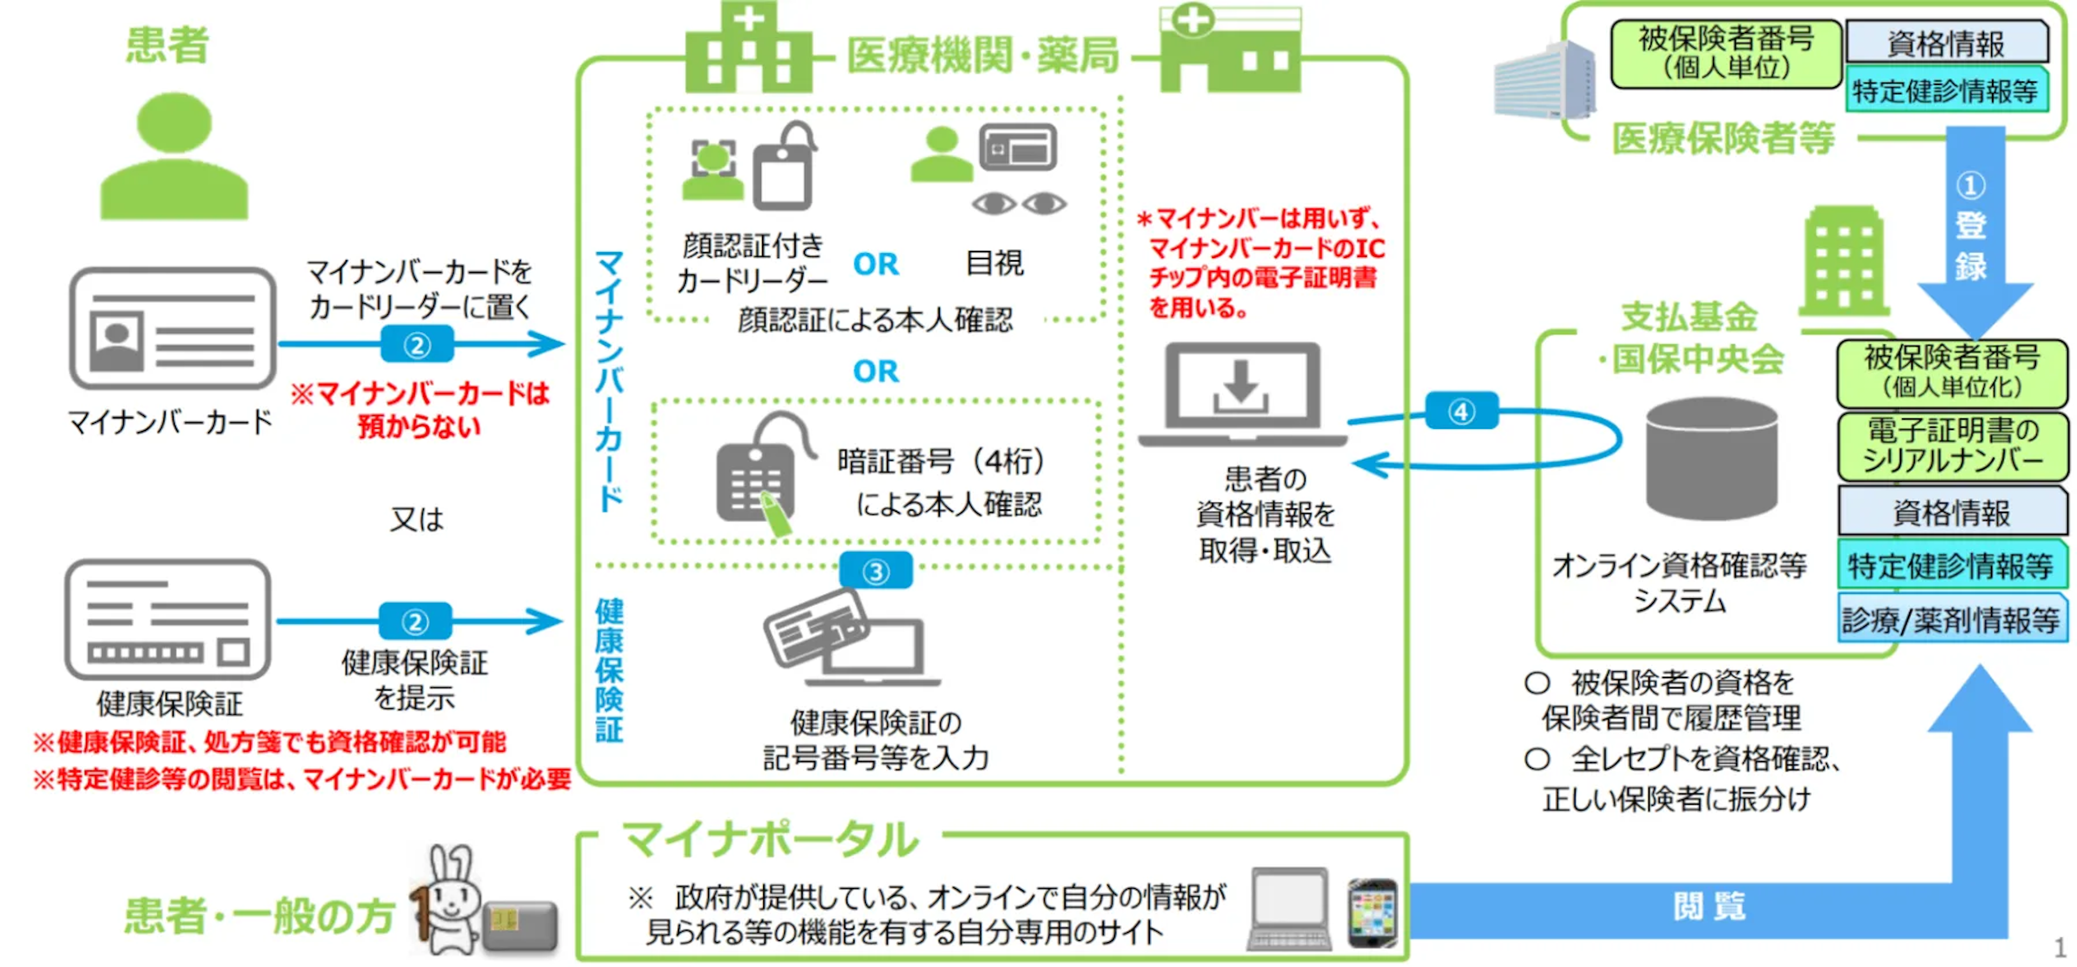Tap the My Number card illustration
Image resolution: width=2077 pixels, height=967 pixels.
173,328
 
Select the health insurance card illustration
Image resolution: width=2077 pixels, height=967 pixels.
168,619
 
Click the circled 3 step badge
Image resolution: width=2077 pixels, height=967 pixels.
876,572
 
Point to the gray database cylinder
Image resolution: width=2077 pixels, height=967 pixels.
1711,459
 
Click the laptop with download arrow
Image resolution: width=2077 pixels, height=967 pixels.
1242,395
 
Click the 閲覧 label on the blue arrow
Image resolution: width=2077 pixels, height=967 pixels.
1709,906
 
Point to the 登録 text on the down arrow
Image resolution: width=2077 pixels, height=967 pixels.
1970,246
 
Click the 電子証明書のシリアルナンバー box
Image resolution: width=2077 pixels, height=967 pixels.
1952,446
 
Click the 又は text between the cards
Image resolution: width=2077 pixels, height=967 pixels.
416,519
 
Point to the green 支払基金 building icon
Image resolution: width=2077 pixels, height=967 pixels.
1843,262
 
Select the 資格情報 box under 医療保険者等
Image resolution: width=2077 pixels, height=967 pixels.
1946,43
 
